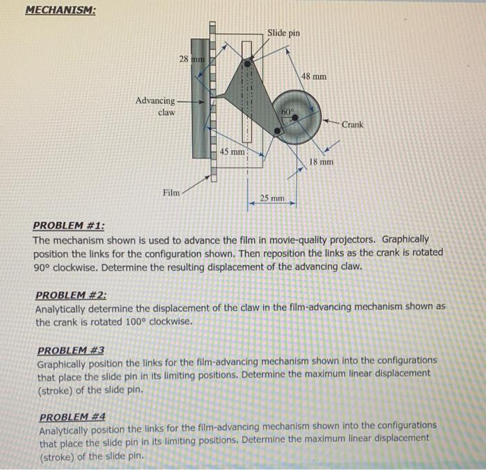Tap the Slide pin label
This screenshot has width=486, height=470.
point(284,33)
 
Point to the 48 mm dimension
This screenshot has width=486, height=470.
point(315,76)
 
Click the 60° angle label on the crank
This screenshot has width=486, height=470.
point(288,110)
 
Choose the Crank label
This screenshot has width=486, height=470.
point(353,125)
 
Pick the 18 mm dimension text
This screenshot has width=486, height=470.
point(321,162)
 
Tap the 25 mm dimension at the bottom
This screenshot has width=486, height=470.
point(272,199)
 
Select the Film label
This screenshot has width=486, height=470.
point(170,192)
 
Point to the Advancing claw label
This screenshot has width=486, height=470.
point(156,106)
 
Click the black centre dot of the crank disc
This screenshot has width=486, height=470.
point(296,118)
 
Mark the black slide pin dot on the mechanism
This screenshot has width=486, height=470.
point(248,62)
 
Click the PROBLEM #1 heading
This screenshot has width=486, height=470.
point(69,226)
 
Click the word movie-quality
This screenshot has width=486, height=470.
point(274,239)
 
